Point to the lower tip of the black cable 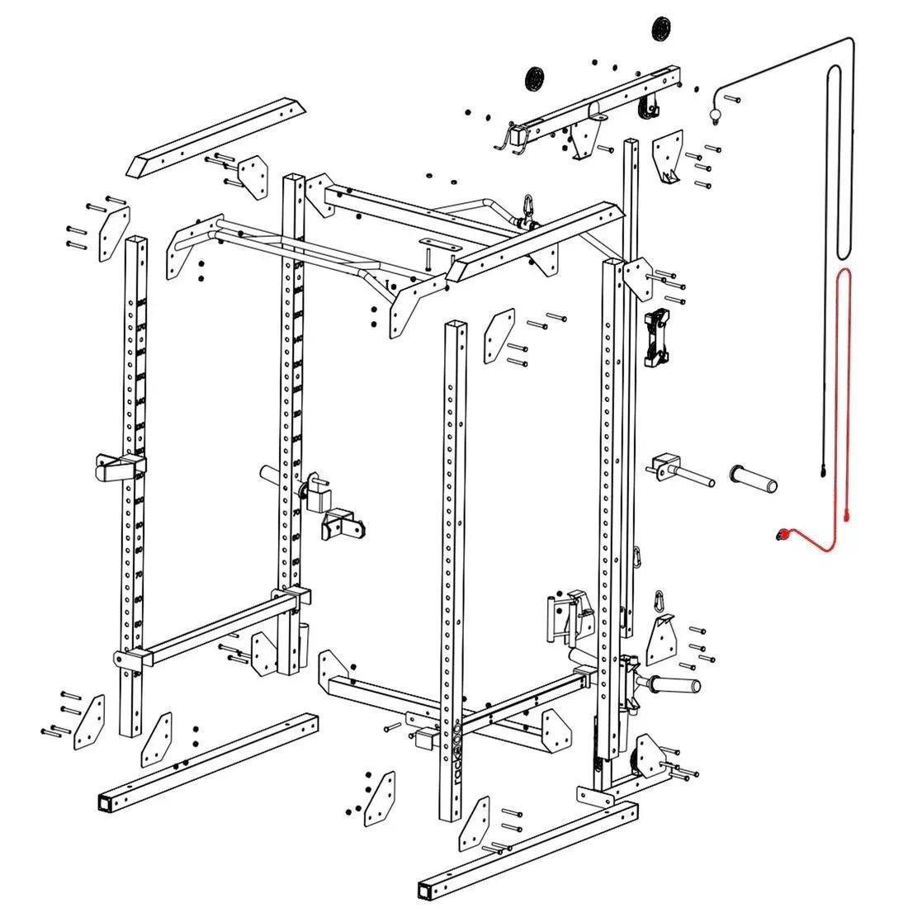(x=823, y=472)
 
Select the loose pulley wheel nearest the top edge (x=660, y=27)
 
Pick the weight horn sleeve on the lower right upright (x=673, y=685)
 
